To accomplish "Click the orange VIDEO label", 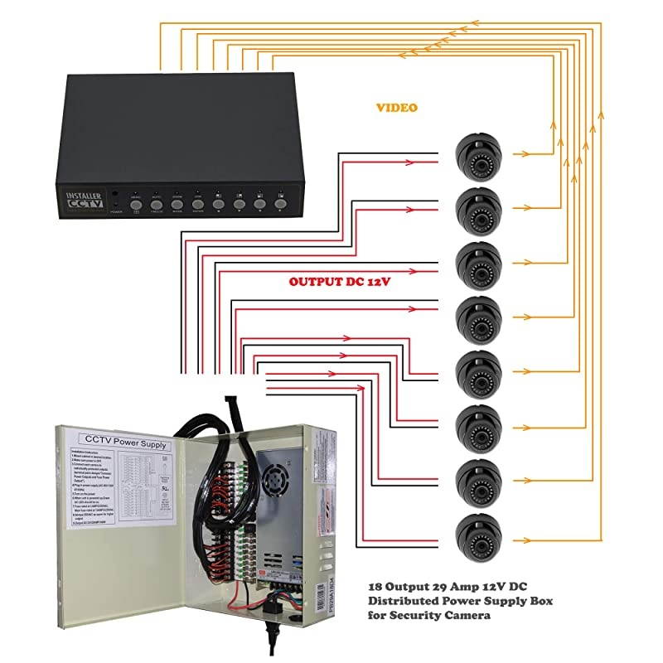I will [x=397, y=108].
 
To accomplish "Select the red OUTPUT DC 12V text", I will [x=339, y=282].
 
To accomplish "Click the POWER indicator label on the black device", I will [x=115, y=211].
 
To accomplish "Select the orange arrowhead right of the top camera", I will [x=522, y=153].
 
